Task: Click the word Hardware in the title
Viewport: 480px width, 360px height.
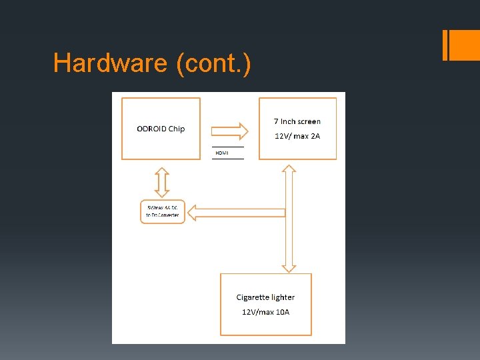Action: pos(110,63)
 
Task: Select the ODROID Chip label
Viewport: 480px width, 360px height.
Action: pos(161,129)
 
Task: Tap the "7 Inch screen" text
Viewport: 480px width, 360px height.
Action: pos(297,121)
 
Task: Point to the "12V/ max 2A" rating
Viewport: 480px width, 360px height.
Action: pos(297,136)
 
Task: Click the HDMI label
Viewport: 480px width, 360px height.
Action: pos(222,153)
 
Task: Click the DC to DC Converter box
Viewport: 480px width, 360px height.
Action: pos(163,212)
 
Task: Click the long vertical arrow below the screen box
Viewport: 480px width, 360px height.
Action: pos(289,220)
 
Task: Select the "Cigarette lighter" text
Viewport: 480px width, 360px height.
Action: pos(265,297)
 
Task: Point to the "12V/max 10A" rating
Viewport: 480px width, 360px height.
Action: pos(265,312)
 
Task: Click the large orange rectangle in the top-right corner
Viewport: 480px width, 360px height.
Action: pos(465,45)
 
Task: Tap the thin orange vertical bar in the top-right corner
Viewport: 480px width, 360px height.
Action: pos(445,45)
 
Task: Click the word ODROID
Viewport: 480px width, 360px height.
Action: pos(151,129)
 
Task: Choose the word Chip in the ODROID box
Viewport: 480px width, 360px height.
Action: pos(177,129)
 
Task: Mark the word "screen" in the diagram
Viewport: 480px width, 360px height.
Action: pos(309,121)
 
